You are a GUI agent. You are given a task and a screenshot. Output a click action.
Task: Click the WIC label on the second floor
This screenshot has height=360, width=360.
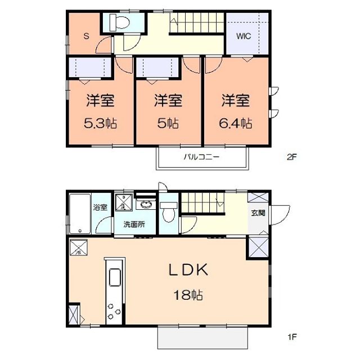click(244, 37)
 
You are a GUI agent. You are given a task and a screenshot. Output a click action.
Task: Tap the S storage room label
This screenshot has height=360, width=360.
click(86, 37)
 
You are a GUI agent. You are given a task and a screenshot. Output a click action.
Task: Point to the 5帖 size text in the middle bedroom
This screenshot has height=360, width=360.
click(168, 123)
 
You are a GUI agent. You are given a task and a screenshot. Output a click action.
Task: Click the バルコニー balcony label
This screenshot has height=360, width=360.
click(201, 157)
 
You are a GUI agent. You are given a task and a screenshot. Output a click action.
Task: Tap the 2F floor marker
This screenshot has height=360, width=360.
click(291, 157)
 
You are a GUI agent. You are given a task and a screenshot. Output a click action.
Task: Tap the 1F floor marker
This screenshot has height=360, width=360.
click(291, 337)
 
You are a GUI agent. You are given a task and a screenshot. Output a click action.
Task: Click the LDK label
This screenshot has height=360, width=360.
click(189, 270)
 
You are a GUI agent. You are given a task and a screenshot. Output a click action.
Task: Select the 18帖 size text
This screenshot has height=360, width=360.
click(189, 295)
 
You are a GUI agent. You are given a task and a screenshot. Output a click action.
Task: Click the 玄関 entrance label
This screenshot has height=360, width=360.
click(259, 213)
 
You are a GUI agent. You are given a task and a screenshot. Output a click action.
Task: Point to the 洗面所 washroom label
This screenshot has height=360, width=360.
click(134, 224)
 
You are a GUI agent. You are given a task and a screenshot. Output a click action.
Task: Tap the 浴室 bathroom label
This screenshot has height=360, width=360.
click(100, 206)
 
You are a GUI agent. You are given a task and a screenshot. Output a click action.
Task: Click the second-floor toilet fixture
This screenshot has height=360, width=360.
click(120, 22)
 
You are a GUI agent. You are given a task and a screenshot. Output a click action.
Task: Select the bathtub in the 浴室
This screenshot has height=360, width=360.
click(79, 214)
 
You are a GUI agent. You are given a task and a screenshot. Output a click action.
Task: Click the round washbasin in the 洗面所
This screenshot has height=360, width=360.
click(146, 204)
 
